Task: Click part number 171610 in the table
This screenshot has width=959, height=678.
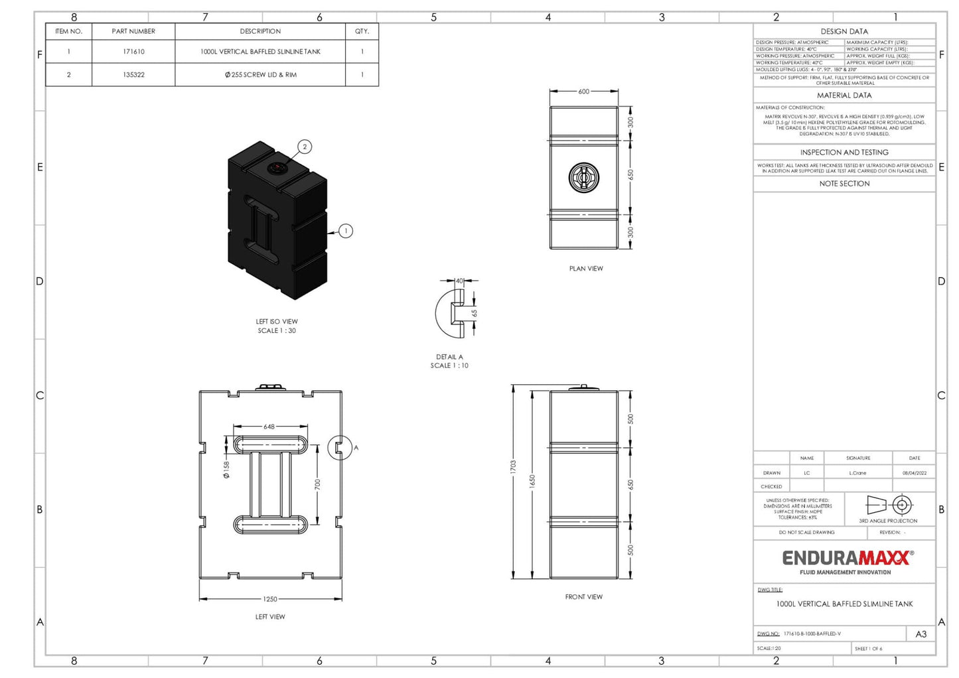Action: click(x=133, y=52)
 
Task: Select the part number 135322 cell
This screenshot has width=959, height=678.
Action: click(x=133, y=75)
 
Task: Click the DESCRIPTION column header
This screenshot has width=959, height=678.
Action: click(x=260, y=31)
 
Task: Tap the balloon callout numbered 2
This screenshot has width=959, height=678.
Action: click(x=305, y=147)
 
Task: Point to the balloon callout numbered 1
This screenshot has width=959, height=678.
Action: click(x=345, y=231)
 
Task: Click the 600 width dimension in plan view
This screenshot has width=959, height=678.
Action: click(x=583, y=92)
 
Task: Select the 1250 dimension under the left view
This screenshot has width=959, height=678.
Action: click(x=269, y=599)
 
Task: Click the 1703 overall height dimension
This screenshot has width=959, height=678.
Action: click(x=513, y=467)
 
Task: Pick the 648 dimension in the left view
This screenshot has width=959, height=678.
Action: click(x=269, y=427)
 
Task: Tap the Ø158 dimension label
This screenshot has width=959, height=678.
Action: click(x=226, y=470)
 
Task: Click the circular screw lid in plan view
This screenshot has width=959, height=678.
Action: click(x=584, y=177)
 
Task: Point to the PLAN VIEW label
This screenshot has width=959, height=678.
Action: click(x=586, y=269)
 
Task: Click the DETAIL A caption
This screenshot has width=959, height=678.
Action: click(x=449, y=357)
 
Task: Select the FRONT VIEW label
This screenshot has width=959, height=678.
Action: click(x=584, y=597)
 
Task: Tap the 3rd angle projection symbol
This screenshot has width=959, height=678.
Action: click(x=888, y=506)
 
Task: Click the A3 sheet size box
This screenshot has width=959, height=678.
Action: click(x=921, y=634)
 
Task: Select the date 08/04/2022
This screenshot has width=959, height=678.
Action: click(x=914, y=473)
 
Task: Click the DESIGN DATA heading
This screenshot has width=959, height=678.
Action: click(x=844, y=31)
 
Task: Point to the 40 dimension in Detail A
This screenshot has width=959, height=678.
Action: click(x=459, y=281)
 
